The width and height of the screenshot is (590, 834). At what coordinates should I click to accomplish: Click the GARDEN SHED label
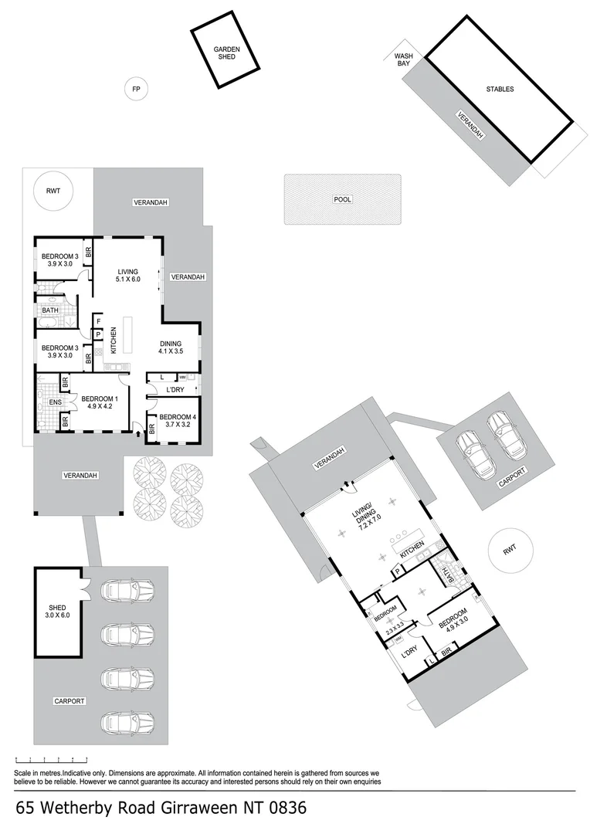point(227,53)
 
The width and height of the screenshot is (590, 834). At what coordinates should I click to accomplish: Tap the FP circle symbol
point(137,90)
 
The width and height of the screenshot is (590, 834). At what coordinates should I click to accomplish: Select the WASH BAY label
point(403,59)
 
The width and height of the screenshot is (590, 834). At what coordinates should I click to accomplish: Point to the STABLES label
point(500,89)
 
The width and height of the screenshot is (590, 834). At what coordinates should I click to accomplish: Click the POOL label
point(342,199)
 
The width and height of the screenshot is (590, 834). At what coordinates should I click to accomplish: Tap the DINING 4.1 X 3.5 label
point(171,347)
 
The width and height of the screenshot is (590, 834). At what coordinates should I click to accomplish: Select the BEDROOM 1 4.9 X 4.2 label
point(97,403)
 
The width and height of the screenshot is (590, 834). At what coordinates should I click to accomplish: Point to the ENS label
point(55,402)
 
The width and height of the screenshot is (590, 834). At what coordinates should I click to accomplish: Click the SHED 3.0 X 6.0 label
point(59,612)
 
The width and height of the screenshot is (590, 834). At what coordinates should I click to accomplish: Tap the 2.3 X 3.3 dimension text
point(395,632)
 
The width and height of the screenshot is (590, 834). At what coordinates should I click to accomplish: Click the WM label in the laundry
point(182,377)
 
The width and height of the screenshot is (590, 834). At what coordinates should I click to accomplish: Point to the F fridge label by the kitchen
point(99,320)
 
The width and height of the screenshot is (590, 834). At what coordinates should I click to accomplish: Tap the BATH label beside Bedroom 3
point(50,310)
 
